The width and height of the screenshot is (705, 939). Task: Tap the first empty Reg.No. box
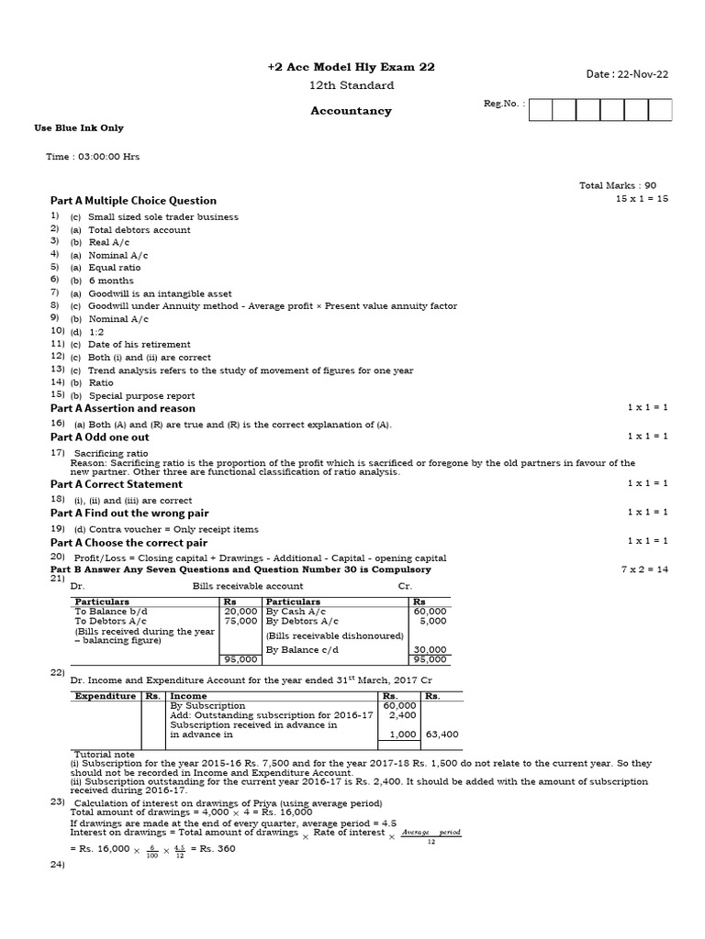click(541, 110)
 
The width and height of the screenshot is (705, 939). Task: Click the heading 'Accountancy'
click(351, 111)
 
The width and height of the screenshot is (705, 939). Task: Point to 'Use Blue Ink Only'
click(79, 128)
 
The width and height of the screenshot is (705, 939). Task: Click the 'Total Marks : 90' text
click(618, 185)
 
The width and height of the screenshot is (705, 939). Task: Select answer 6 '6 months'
click(110, 281)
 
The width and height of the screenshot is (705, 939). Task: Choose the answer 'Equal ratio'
click(115, 268)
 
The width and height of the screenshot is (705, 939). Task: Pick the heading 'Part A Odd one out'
click(100, 437)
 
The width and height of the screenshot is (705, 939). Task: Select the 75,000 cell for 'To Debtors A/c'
click(241, 621)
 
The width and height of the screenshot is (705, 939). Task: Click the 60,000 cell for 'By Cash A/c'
click(430, 611)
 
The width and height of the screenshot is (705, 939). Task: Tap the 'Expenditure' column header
click(105, 696)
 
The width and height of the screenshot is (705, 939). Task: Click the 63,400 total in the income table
click(442, 735)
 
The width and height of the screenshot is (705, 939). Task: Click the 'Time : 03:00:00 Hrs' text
click(94, 157)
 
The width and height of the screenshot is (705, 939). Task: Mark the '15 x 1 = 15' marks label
click(642, 199)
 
